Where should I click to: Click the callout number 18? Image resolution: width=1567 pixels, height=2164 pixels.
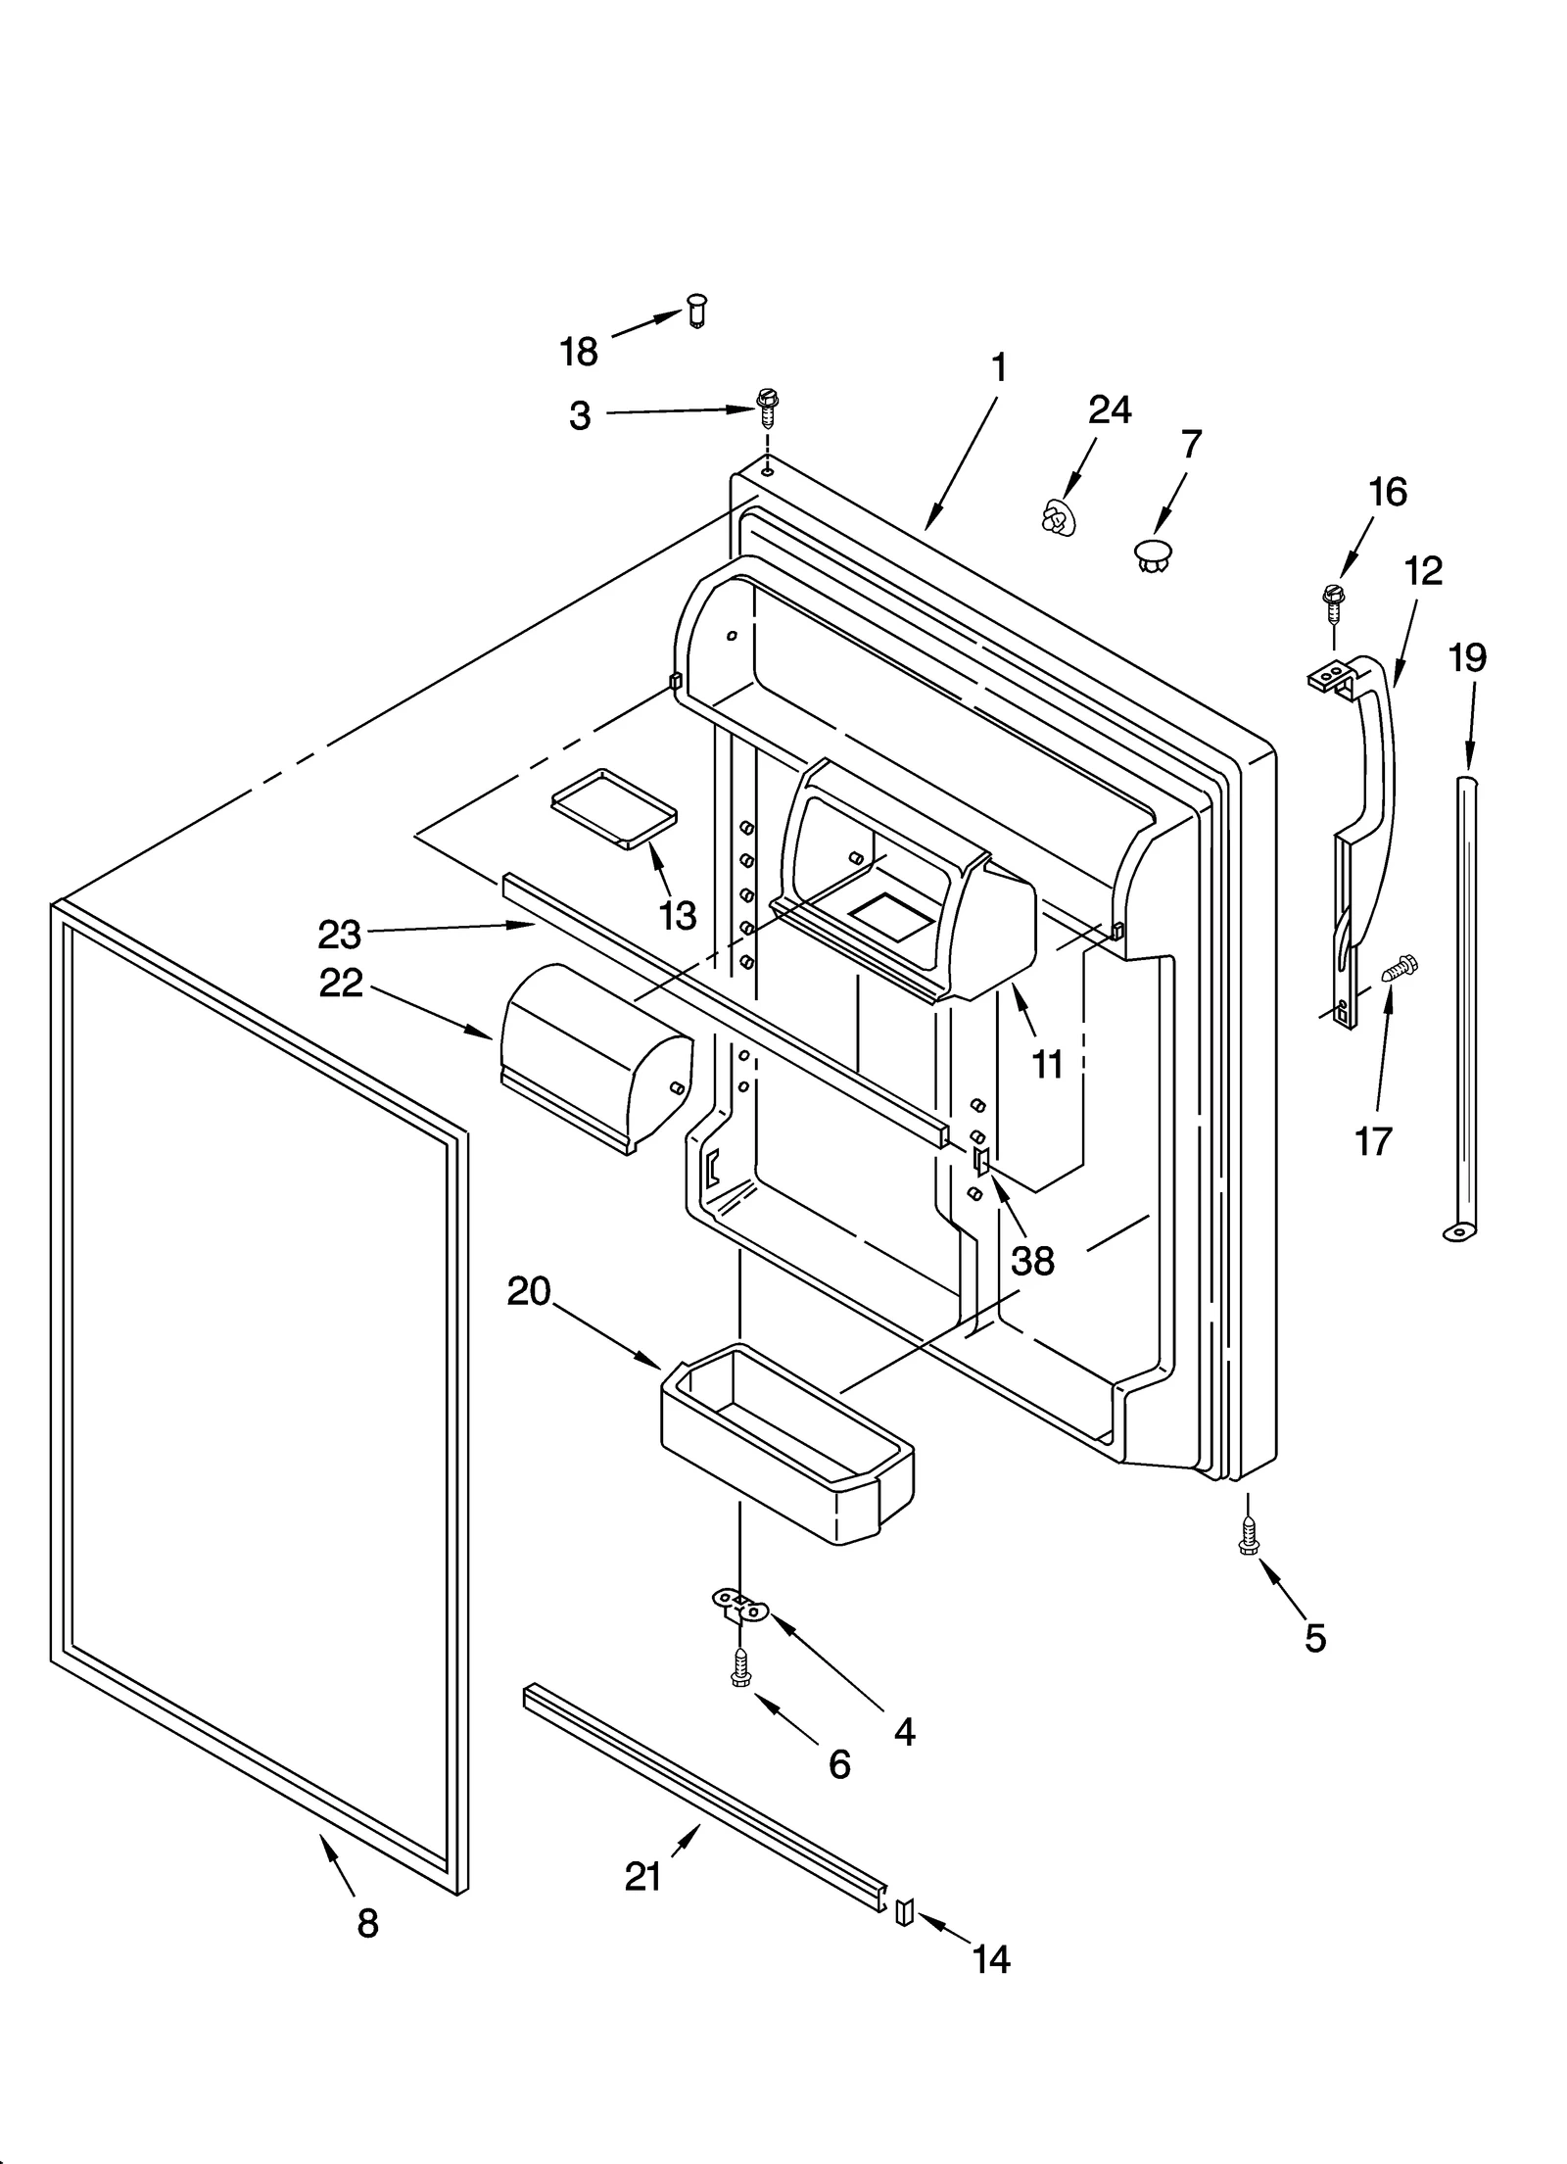click(578, 351)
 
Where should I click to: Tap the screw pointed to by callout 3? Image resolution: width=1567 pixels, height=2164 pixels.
click(767, 406)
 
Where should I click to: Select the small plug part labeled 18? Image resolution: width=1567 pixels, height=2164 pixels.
click(696, 310)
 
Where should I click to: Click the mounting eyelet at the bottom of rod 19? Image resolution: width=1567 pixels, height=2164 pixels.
click(1458, 1231)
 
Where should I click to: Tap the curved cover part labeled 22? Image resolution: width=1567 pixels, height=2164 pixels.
click(593, 1054)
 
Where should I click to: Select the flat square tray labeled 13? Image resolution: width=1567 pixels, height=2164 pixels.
click(614, 806)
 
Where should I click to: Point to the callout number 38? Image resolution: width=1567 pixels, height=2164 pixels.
click(1032, 1261)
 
